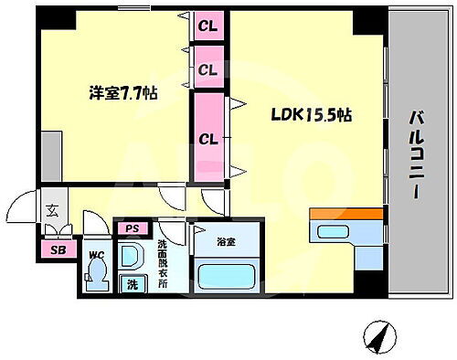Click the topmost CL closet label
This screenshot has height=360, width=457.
tap(208, 26)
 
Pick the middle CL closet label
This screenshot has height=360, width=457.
tap(208, 69)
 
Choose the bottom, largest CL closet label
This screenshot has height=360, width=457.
tap(208, 139)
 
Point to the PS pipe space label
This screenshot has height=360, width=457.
tap(133, 228)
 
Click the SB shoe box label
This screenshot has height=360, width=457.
tap(58, 249)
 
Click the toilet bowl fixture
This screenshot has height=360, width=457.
tap(96, 272)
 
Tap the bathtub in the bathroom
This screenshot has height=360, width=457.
tap(226, 274)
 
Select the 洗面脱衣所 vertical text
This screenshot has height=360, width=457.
tap(161, 262)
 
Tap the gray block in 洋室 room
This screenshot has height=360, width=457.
tap(51, 146)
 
